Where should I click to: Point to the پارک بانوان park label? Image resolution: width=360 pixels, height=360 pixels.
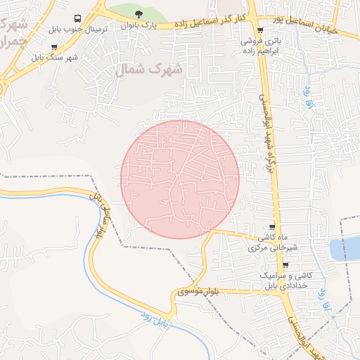[138, 25]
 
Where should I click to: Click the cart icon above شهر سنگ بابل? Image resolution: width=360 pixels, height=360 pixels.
[54, 48]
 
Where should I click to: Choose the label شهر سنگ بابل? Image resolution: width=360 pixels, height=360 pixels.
[54, 58]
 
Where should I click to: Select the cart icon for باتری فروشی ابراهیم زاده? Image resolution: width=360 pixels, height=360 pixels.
[261, 30]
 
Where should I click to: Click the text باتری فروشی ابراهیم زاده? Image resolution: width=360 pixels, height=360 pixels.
[262, 46]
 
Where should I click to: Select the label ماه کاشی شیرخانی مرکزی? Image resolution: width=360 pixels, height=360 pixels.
[275, 243]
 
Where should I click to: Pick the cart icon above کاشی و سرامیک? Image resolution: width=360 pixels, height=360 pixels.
[285, 265]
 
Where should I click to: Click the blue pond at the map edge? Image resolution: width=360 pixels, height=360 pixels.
[352, 247]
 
